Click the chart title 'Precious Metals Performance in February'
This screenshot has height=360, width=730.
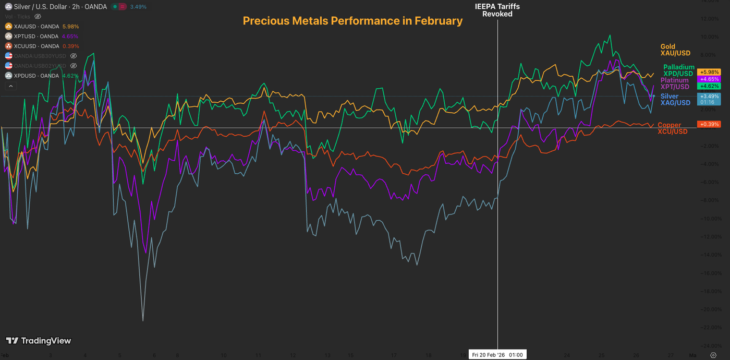[x=352, y=21]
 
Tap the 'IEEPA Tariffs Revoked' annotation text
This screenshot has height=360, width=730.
[x=497, y=10]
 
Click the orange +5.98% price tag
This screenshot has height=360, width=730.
[x=710, y=72]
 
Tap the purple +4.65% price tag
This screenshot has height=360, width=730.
[x=710, y=79]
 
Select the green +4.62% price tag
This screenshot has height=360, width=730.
[x=710, y=86]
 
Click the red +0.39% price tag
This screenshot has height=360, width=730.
[x=710, y=124]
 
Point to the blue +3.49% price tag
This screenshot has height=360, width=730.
[x=710, y=97]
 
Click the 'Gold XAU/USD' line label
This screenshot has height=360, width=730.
[x=675, y=50]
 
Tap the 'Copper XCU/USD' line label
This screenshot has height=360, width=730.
[x=673, y=128]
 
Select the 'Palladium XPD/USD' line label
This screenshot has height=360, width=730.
[x=678, y=70]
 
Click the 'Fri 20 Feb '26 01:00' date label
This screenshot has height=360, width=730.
[x=498, y=355]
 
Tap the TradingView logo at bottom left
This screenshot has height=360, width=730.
[x=38, y=341]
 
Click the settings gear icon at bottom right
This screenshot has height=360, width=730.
[x=713, y=355]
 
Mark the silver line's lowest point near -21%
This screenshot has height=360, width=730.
[x=143, y=320]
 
